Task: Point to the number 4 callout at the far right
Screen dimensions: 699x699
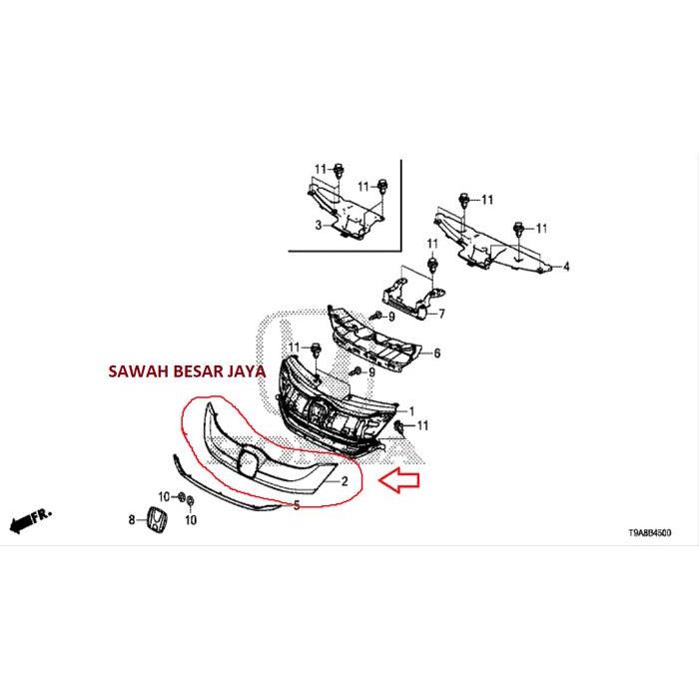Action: [565, 267]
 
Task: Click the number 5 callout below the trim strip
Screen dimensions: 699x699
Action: [296, 505]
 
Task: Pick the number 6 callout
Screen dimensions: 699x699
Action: [435, 353]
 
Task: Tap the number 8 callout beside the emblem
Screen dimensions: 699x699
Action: [130, 519]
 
